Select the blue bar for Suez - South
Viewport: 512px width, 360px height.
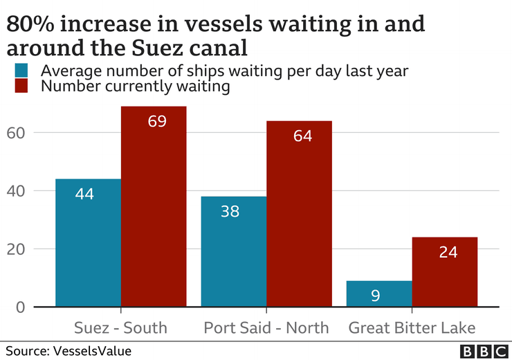pyautogui.click(x=88, y=242)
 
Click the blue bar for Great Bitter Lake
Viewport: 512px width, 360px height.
pyautogui.click(x=378, y=294)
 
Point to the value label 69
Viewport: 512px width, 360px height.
pyautogui.click(x=157, y=121)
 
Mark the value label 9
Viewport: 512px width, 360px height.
pyautogui.click(x=375, y=296)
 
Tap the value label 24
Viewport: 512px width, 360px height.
pyautogui.click(x=448, y=252)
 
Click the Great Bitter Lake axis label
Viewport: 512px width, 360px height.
pyautogui.click(x=412, y=327)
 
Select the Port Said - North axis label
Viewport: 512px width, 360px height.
pyautogui.click(x=266, y=327)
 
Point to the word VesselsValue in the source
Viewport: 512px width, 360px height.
pyautogui.click(x=91, y=351)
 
